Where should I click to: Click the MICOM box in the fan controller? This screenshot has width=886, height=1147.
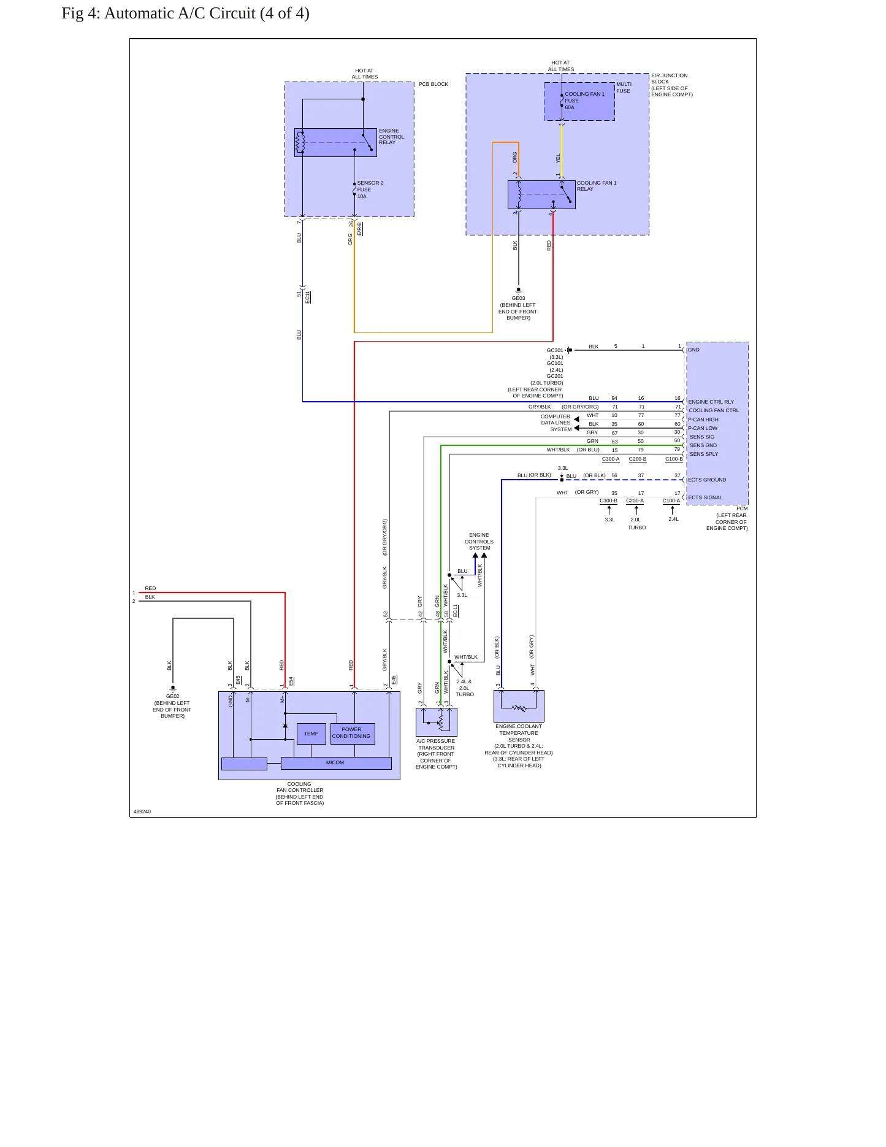pyautogui.click(x=336, y=763)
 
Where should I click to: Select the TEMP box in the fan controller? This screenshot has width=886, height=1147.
pyautogui.click(x=311, y=734)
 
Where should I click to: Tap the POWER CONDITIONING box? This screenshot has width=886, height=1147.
pyautogui.click(x=353, y=734)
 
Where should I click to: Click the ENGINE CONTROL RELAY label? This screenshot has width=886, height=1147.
pyautogui.click(x=391, y=137)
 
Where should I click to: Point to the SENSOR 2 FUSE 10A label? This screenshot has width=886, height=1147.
pyautogui.click(x=370, y=190)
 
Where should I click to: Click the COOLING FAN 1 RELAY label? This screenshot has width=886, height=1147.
pyautogui.click(x=597, y=186)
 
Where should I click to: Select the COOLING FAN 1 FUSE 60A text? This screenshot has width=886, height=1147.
pyautogui.click(x=584, y=101)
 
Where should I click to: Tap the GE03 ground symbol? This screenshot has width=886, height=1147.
pyautogui.click(x=519, y=290)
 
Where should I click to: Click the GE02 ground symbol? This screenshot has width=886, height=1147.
pyautogui.click(x=173, y=688)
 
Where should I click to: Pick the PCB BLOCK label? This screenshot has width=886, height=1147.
pyautogui.click(x=433, y=84)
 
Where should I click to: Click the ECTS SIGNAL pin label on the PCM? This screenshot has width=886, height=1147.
pyautogui.click(x=705, y=497)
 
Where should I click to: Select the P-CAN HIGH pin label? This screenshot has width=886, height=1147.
pyautogui.click(x=703, y=420)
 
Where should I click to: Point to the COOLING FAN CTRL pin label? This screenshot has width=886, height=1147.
pyautogui.click(x=714, y=410)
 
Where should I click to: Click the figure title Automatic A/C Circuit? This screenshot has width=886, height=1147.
pyautogui.click(x=186, y=13)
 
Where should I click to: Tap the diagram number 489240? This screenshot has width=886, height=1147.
pyautogui.click(x=142, y=811)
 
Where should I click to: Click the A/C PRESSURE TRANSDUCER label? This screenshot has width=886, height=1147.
pyautogui.click(x=436, y=744)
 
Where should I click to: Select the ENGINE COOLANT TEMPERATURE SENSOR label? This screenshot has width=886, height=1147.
pyautogui.click(x=519, y=733)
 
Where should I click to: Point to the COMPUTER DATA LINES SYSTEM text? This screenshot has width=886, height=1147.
pyautogui.click(x=556, y=423)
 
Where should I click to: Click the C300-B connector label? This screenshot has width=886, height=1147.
pyautogui.click(x=608, y=501)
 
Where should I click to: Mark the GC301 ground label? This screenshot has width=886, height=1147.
pyautogui.click(x=555, y=350)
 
